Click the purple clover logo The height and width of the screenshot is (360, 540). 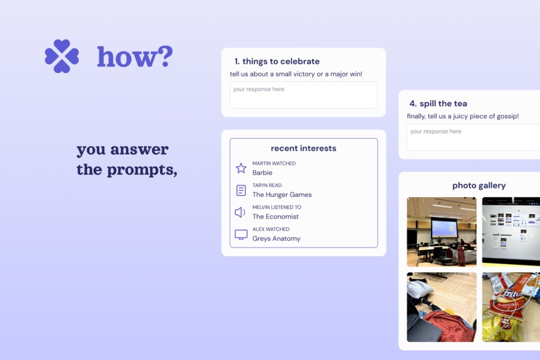point(62,56)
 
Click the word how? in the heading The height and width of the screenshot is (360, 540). point(135,57)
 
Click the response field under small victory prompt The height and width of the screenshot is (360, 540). point(303,95)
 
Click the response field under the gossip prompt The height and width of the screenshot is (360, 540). point(473,137)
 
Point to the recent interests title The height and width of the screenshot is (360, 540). point(303,148)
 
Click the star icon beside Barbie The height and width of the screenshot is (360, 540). point(241,168)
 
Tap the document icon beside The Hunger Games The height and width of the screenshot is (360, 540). point(241,190)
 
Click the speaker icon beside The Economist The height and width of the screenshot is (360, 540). point(241,213)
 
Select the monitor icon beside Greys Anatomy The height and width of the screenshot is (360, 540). point(241,235)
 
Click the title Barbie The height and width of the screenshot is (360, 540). point(263,173)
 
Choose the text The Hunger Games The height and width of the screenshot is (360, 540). point(282,195)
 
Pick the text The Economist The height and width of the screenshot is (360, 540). point(275,217)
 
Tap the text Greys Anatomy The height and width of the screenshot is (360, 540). point(276,239)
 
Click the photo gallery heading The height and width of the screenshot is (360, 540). point(479,186)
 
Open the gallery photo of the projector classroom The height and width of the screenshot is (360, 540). point(442,232)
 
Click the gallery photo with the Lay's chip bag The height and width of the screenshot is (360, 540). point(511,307)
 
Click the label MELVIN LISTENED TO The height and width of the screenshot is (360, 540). point(277,207)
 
